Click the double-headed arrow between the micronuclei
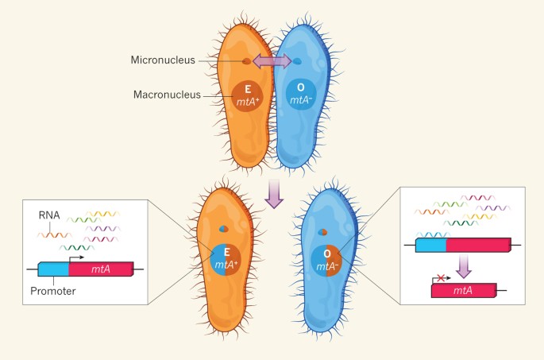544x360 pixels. pyautogui.click(x=272, y=62)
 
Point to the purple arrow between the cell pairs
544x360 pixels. pyautogui.click(x=274, y=193)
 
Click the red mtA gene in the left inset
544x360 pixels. pyautogui.click(x=102, y=270)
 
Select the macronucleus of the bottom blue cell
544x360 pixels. pyautogui.click(x=328, y=260)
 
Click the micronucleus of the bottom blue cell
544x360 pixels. pyautogui.click(x=322, y=233)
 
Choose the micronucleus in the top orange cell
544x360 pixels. pyautogui.click(x=247, y=61)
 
